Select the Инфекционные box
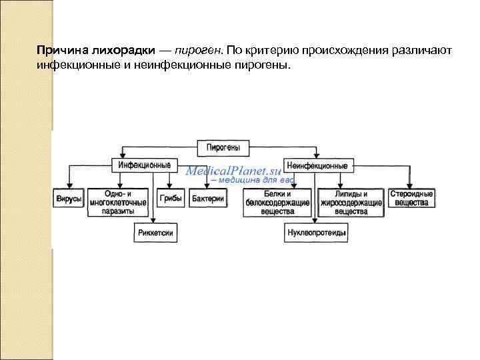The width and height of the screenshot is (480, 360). pos(144,165)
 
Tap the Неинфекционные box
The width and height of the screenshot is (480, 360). pos(317,165)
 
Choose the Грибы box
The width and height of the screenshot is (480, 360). pos(171,199)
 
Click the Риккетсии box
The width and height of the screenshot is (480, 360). pos(155,233)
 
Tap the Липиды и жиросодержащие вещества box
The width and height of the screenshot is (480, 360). pos(351,202)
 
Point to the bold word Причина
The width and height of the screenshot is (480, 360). pos(62,50)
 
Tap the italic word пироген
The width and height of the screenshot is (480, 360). pos(199,50)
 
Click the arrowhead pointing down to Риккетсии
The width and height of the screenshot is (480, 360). pos(154,224)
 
